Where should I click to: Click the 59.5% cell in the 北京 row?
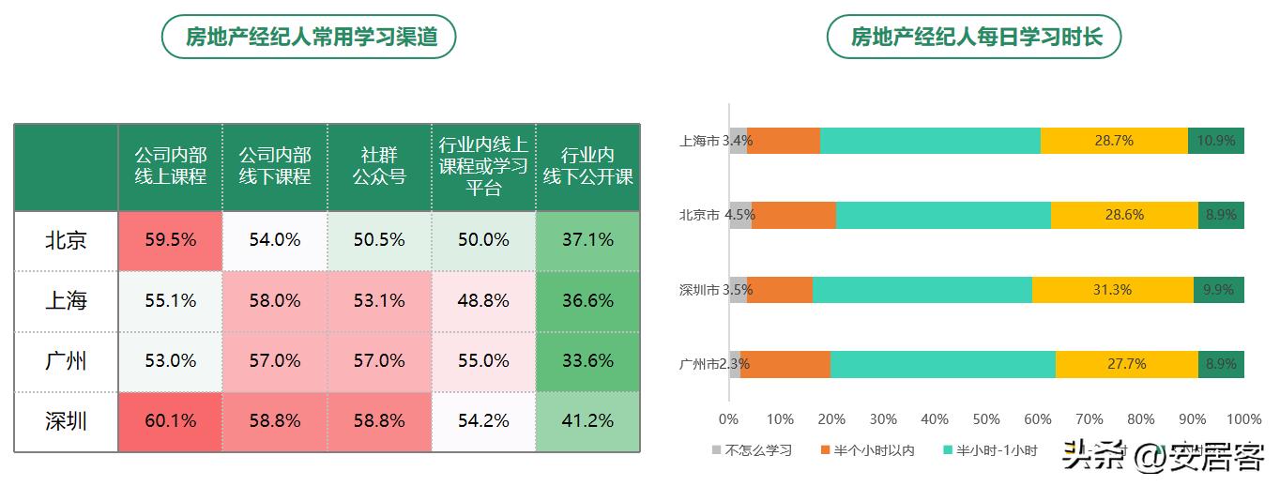tap(171, 240)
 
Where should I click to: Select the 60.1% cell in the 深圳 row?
tap(171, 422)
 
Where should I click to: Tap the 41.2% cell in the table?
tap(587, 422)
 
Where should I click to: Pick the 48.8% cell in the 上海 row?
tap(483, 301)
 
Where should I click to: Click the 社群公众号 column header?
tap(379, 165)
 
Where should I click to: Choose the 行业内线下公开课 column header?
tap(587, 165)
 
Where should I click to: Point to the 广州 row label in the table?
tap(66, 361)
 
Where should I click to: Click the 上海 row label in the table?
tap(66, 301)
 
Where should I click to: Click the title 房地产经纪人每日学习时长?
tap(974, 37)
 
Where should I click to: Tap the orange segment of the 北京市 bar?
tap(794, 215)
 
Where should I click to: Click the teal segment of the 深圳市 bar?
tap(922, 289)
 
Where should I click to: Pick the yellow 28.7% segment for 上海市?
tap(1114, 141)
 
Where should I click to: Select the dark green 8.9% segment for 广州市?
tap(1221, 364)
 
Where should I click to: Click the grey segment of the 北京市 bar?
tap(740, 215)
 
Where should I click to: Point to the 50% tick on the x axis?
tap(986, 419)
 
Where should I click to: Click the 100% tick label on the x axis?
tap(1244, 419)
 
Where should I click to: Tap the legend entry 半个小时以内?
tap(866, 450)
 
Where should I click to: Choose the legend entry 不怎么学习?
tap(752, 450)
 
